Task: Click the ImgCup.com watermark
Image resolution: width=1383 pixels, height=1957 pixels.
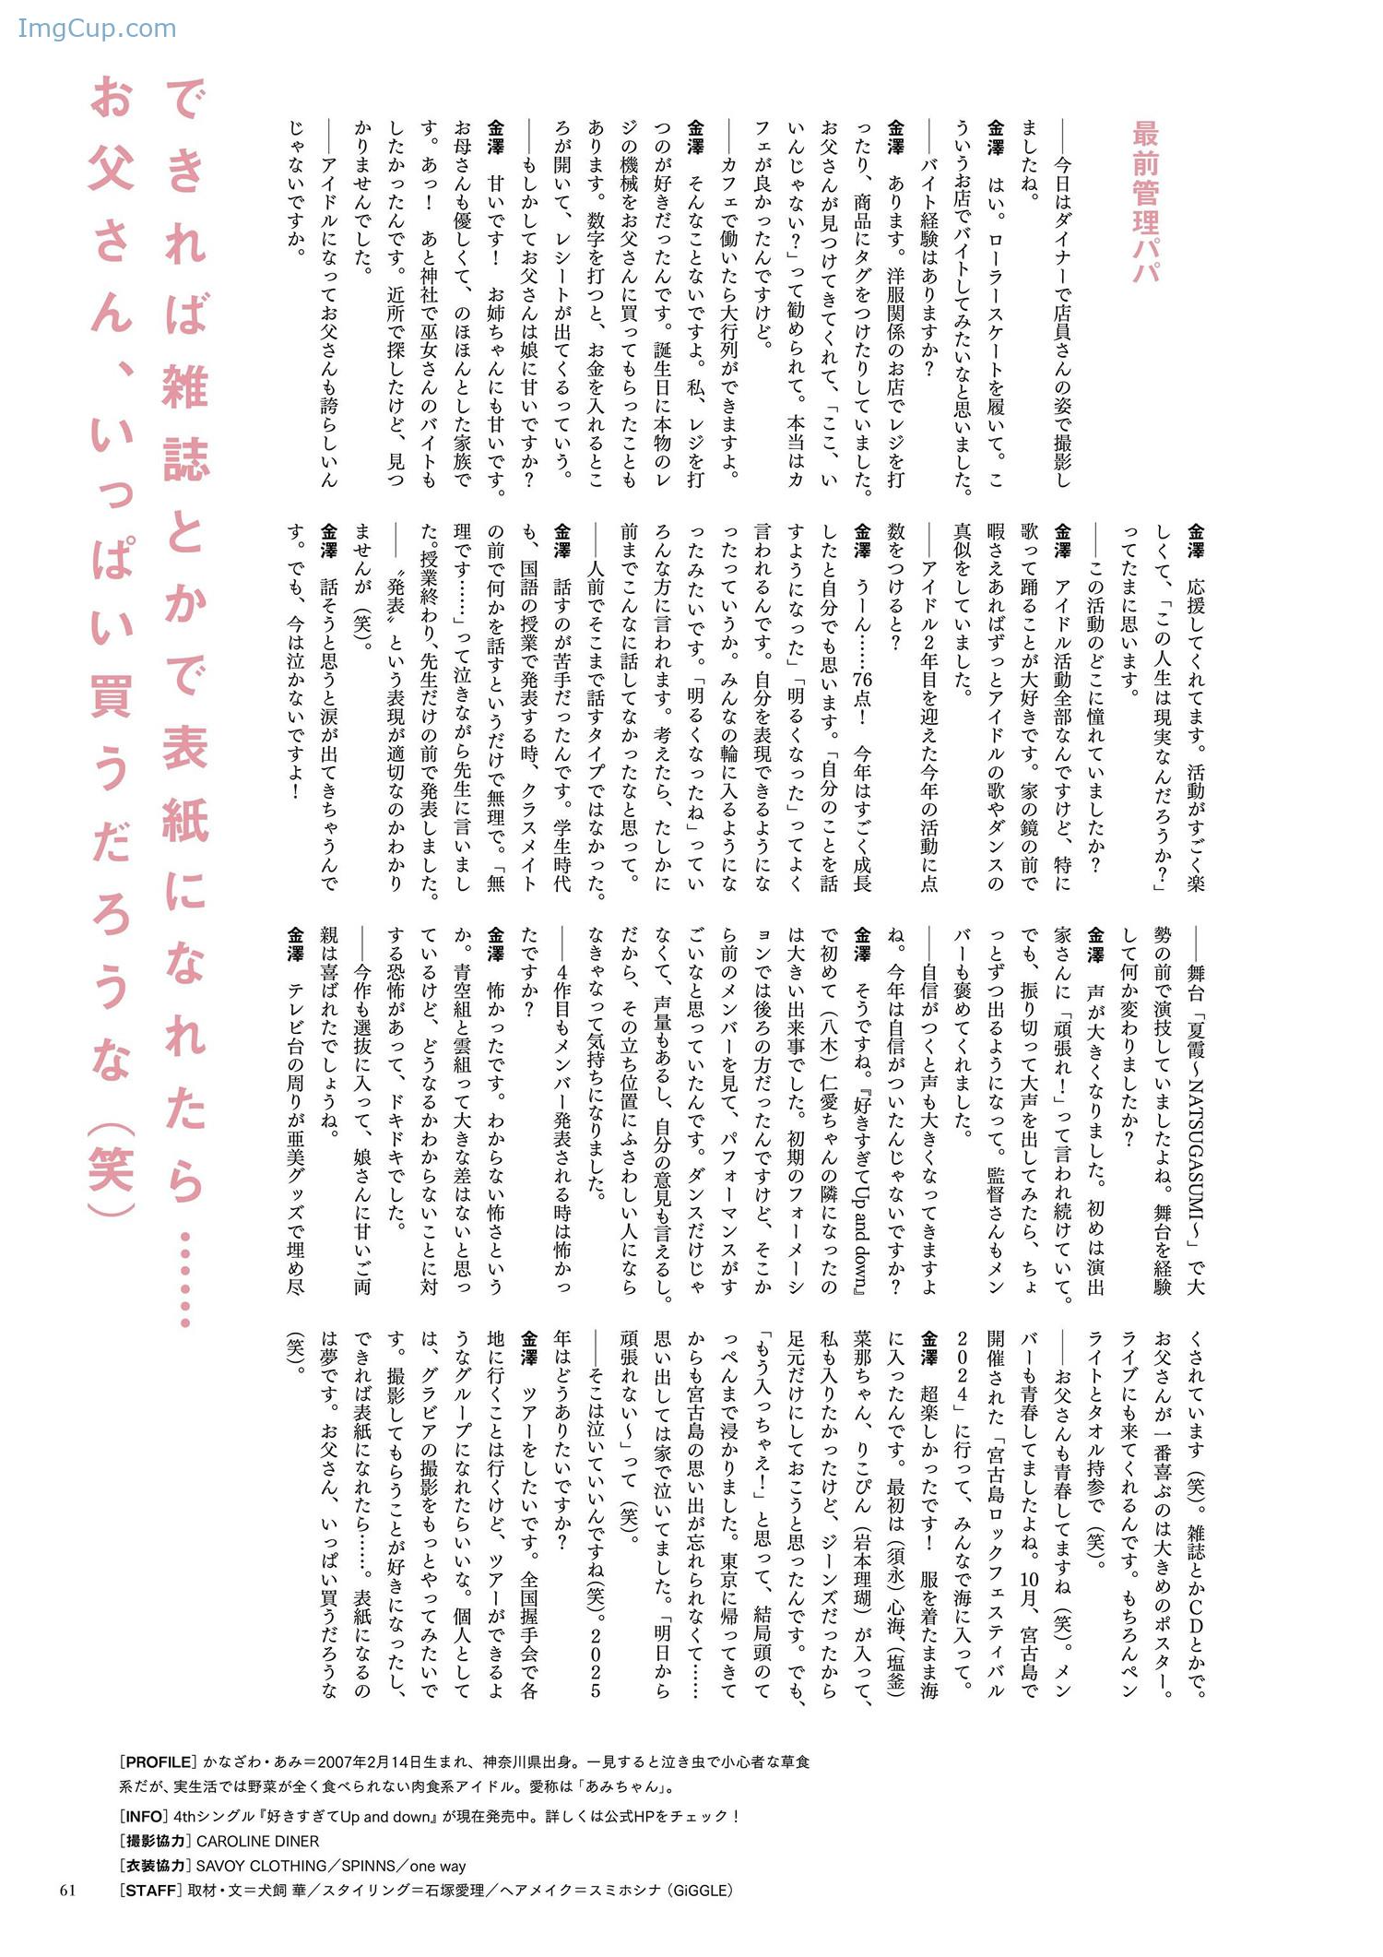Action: (97, 29)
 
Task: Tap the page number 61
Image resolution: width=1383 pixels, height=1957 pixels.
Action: (67, 1890)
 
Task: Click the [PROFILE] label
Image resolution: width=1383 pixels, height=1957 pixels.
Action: (158, 1761)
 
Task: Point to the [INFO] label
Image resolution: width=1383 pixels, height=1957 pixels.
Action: (145, 1816)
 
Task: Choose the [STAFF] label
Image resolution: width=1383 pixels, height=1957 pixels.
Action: (150, 1890)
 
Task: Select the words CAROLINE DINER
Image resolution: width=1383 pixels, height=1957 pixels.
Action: (258, 1841)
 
